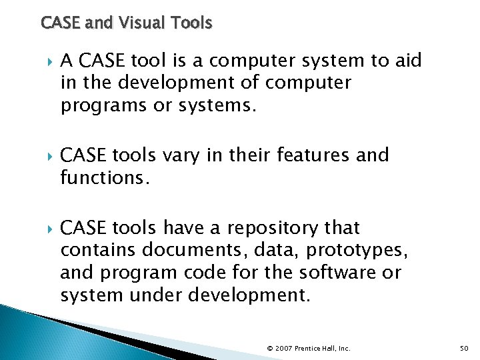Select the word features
tap(314, 155)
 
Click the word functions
tap(102, 179)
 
